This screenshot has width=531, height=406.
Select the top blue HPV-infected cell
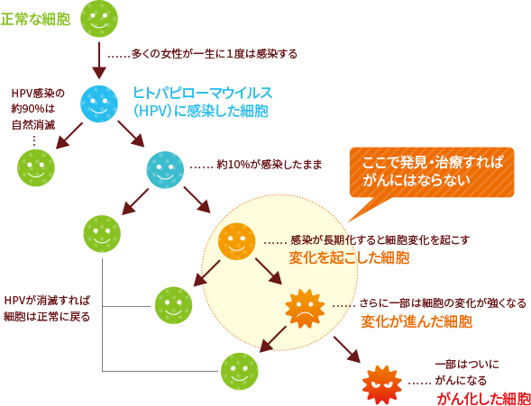[x=99, y=104]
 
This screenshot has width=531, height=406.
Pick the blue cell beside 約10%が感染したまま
[x=165, y=168]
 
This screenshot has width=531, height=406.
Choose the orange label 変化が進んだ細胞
[x=417, y=321]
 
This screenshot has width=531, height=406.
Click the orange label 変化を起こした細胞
[x=349, y=257]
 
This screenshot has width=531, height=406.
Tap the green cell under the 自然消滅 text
[x=36, y=167]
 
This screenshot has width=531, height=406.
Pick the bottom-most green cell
[x=240, y=369]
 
